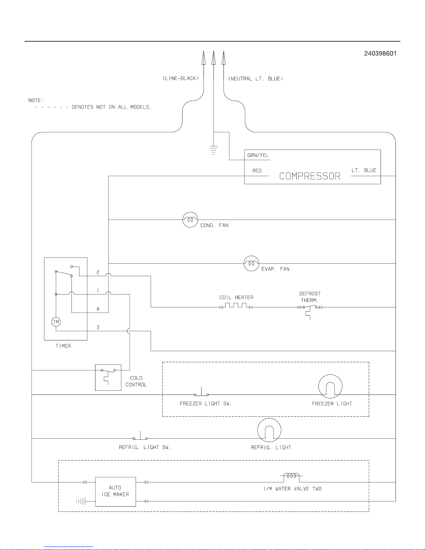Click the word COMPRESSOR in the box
click(x=310, y=176)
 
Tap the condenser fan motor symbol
click(x=190, y=220)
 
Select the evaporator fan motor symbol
click(x=252, y=263)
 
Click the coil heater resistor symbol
click(x=236, y=306)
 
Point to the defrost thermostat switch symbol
click(x=310, y=308)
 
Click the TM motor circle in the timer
click(x=56, y=322)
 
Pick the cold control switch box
click(x=108, y=377)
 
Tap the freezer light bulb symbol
click(x=330, y=386)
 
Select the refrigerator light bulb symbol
click(x=269, y=430)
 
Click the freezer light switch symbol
click(x=201, y=393)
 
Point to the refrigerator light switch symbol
click(x=140, y=437)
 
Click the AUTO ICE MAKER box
click(x=116, y=491)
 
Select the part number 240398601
click(x=380, y=53)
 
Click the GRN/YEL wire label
click(x=258, y=155)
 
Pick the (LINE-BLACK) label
click(x=181, y=78)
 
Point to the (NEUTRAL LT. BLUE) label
click(x=256, y=79)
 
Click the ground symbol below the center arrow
click(x=213, y=150)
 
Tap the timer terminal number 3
click(x=98, y=327)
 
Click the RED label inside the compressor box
click(x=257, y=171)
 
